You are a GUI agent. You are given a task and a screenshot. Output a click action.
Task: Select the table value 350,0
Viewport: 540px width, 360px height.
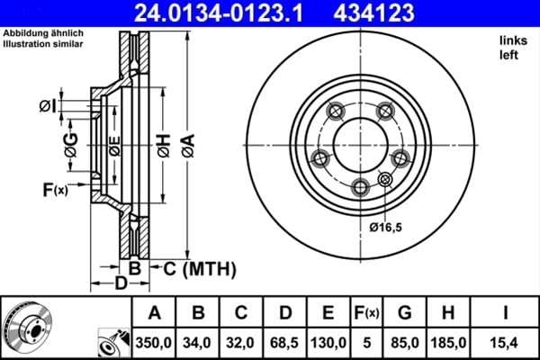pos(154,341)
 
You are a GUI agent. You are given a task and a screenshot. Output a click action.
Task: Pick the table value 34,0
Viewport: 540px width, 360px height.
pos(197,341)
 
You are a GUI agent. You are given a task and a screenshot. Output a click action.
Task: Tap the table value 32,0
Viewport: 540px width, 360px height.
pos(240,341)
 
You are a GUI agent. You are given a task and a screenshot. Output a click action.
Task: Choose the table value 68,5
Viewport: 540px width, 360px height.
pos(283,341)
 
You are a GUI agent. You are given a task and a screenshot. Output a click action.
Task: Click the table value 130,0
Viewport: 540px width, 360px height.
pos(328,341)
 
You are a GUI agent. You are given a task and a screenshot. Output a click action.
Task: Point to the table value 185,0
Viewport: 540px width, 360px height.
pos(447,341)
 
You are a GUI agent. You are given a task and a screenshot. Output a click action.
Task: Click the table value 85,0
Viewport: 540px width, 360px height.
pos(404,341)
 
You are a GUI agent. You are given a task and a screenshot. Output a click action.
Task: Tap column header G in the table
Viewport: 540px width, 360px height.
pos(404,312)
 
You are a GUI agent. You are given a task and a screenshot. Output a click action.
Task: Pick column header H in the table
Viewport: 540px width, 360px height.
pos(447,312)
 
